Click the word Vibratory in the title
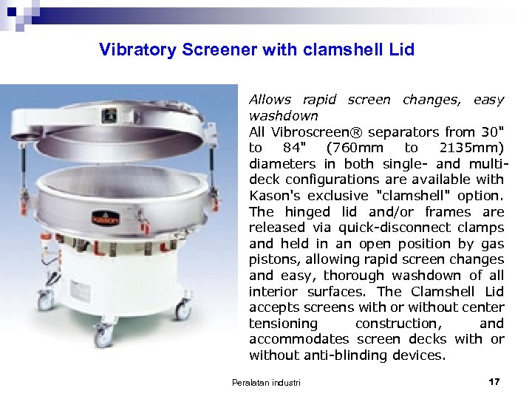click(x=137, y=50)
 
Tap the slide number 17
click(x=494, y=381)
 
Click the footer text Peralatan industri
click(x=266, y=382)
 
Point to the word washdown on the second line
click(x=283, y=116)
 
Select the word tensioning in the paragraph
click(x=283, y=324)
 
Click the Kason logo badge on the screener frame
click(x=105, y=219)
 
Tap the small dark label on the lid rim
click(x=110, y=115)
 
